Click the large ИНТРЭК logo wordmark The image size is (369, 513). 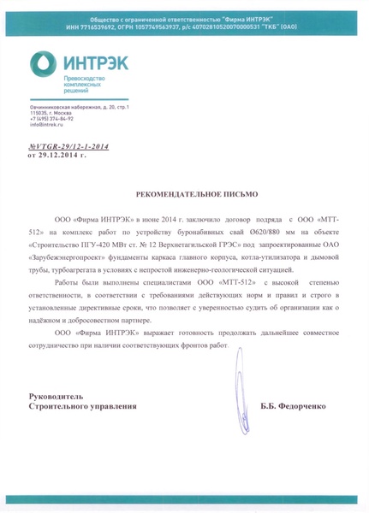click(x=95, y=62)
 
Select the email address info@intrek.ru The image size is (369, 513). click(x=46, y=125)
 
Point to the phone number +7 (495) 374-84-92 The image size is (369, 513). click(x=51, y=119)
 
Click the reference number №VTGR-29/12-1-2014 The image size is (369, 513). click(x=69, y=147)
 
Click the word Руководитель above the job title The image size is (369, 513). click(x=57, y=398)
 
